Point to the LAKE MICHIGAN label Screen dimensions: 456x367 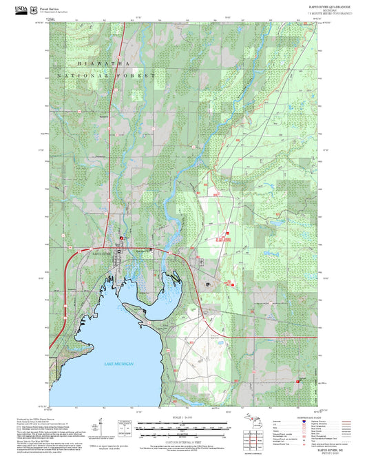coord(118,364)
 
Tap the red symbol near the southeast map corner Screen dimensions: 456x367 coord(297,380)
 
